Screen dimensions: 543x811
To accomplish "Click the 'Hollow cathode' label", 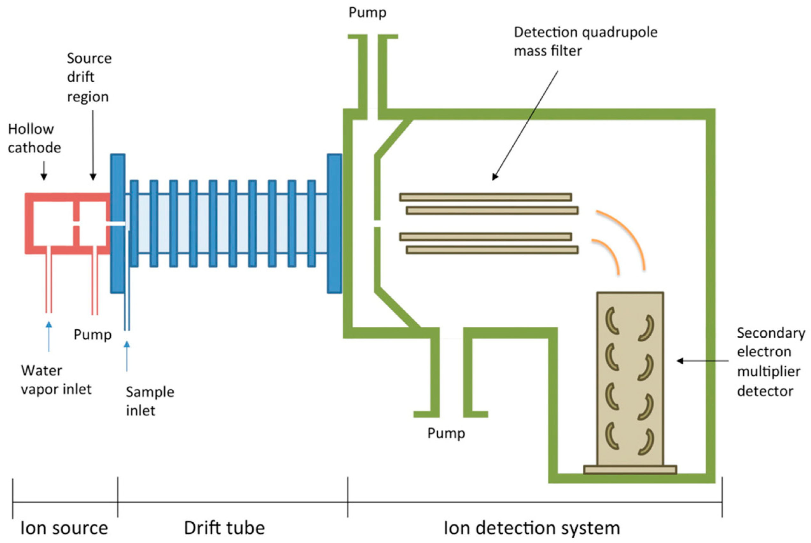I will (34, 139).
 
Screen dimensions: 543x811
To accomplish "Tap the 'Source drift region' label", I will (89, 78).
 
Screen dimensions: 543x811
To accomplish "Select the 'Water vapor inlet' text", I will (56, 380).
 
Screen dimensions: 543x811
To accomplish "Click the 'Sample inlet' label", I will (150, 401).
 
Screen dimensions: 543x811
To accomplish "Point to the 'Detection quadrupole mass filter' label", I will (585, 42).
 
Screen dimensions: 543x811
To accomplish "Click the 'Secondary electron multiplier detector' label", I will (771, 361).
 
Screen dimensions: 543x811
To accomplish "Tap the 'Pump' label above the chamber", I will (367, 12).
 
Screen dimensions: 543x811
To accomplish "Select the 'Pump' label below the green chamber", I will (446, 433).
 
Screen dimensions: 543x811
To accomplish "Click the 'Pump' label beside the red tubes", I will (93, 334).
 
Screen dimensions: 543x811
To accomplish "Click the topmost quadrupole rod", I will (485, 197).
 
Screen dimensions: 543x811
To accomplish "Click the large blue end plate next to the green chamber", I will (334, 224).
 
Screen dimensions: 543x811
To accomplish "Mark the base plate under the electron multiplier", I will (630, 470).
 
